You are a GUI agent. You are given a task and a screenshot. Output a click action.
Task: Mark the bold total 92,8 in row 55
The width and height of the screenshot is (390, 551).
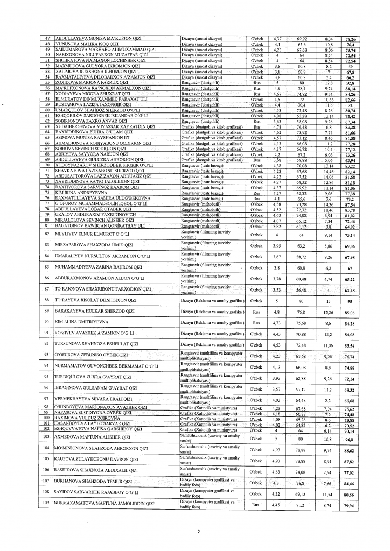coord(350,82)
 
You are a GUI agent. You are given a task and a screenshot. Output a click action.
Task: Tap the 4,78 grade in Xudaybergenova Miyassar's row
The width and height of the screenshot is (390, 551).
coord(277,111)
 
